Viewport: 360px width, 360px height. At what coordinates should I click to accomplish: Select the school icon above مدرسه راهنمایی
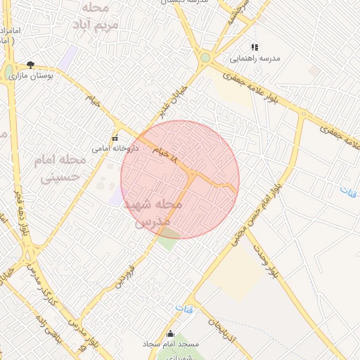[255, 47]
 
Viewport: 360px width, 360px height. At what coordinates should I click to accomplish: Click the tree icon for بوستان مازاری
[30, 64]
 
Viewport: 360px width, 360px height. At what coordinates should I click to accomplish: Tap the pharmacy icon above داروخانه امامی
[115, 138]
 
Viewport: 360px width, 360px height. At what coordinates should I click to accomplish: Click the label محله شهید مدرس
[153, 212]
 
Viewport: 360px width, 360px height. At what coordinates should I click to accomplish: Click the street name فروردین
[126, 274]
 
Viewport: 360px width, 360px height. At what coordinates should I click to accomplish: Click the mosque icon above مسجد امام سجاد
[170, 333]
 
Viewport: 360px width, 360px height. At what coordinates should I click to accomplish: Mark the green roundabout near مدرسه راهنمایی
[205, 58]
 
